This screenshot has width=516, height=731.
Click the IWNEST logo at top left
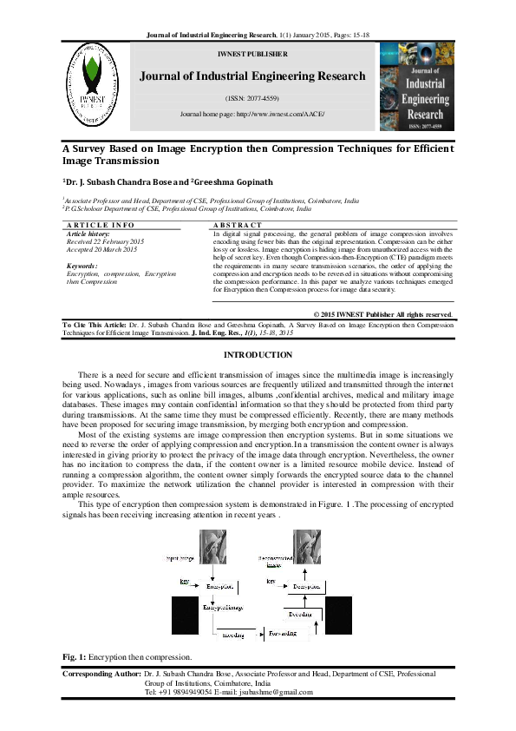pos(91,86)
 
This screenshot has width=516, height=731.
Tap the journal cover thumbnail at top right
pos(416,86)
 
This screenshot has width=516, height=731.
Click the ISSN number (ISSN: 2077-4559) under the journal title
pos(252,98)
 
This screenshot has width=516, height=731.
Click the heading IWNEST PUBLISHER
pos(252,54)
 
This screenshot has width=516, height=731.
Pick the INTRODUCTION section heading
pos(258,355)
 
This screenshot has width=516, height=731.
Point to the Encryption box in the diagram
pos(221,587)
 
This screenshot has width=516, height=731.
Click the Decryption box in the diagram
pos(310,587)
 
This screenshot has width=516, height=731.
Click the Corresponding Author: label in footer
pos(102,674)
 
